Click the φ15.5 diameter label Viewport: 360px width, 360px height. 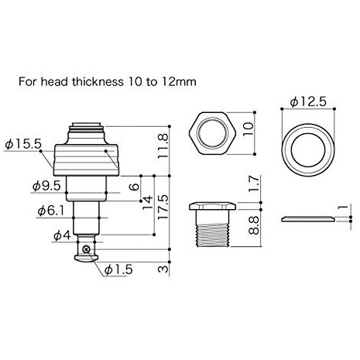click(x=23, y=144)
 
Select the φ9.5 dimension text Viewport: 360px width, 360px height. click(x=46, y=186)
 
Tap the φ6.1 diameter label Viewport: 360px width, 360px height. click(x=51, y=211)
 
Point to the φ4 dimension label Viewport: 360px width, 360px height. click(x=62, y=235)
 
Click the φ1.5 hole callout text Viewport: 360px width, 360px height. click(x=118, y=269)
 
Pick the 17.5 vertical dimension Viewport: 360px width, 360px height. click(x=163, y=207)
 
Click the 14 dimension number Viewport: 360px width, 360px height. click(x=148, y=203)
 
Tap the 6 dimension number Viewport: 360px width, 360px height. click(x=134, y=187)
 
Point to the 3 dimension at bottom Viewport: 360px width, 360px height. click(x=163, y=269)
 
